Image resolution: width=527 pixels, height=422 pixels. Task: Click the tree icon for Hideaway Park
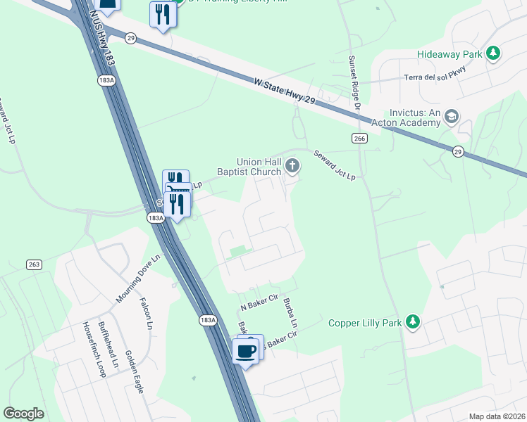(495, 53)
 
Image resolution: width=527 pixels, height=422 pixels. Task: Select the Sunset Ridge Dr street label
(354, 81)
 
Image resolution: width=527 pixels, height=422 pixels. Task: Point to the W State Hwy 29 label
(285, 93)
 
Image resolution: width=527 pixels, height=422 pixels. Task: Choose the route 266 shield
(360, 139)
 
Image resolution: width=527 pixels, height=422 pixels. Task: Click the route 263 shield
(33, 264)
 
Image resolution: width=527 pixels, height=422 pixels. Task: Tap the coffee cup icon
(245, 350)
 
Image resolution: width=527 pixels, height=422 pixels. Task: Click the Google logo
(23, 414)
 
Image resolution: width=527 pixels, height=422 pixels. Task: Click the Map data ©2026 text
(497, 416)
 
